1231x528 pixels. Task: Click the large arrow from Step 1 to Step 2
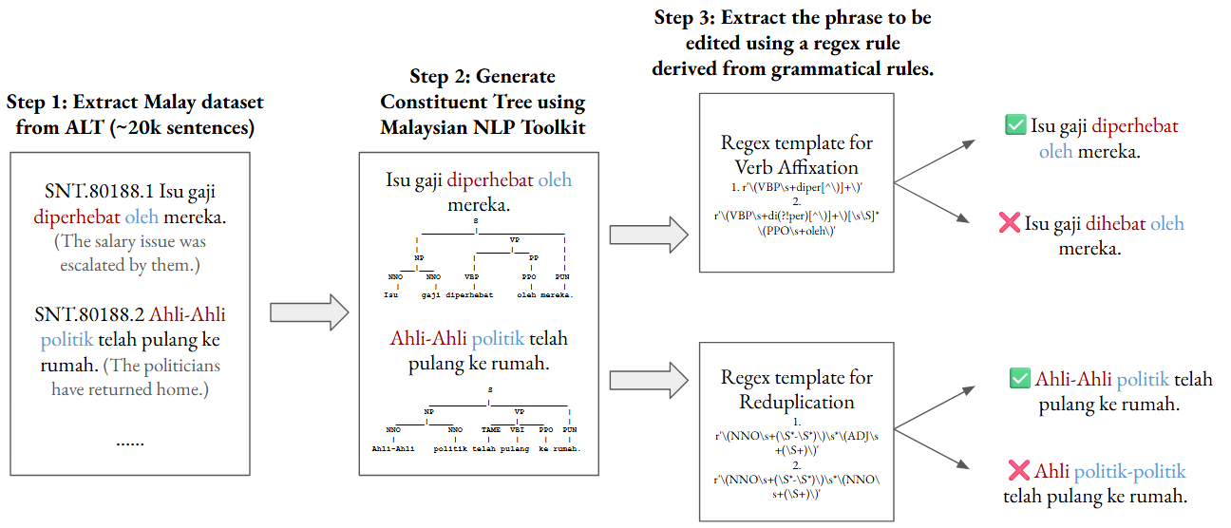click(x=310, y=311)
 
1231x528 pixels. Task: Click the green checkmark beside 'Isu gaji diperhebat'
click(x=1015, y=125)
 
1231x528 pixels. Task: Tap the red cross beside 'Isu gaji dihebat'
click(x=1010, y=225)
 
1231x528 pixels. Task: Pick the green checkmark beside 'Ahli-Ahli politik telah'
click(x=1020, y=379)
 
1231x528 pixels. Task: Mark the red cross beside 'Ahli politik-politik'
click(x=1018, y=471)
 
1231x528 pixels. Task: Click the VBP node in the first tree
click(x=471, y=276)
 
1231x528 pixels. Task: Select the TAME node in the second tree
click(x=490, y=429)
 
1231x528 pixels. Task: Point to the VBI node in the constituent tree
click(x=518, y=429)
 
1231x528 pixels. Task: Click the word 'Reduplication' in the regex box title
click(x=796, y=402)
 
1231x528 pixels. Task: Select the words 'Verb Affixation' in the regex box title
click(x=797, y=167)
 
